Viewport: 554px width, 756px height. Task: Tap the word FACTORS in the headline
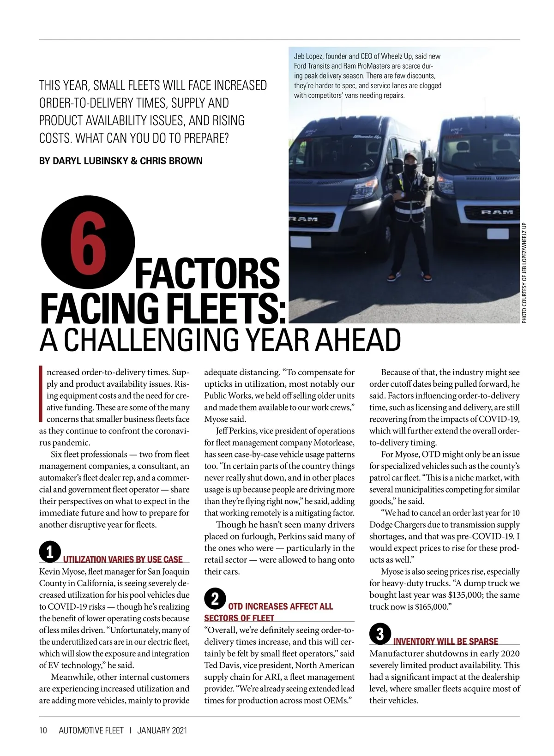(x=207, y=274)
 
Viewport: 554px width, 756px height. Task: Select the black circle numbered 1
(x=49, y=552)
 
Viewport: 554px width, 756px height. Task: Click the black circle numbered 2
(x=215, y=599)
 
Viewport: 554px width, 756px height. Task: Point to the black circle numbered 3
(x=380, y=634)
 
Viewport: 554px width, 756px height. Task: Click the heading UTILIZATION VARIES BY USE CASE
(x=123, y=559)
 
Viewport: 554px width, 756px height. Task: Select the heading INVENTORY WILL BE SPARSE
(x=446, y=641)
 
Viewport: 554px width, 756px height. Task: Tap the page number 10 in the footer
(x=43, y=730)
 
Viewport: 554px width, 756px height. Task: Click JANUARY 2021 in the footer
(x=162, y=730)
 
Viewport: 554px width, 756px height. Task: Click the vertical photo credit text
(x=524, y=272)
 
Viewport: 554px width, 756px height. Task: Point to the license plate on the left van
(x=301, y=242)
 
